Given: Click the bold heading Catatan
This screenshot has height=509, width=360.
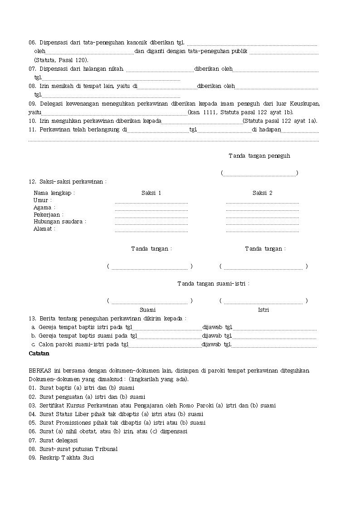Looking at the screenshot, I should click(x=39, y=353).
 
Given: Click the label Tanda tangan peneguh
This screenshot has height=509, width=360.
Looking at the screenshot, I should click(x=259, y=156).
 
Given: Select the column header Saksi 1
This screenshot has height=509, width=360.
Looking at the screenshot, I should click(x=151, y=193).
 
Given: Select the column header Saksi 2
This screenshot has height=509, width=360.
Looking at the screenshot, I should click(x=263, y=193).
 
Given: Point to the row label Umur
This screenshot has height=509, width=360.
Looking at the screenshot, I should click(x=43, y=200).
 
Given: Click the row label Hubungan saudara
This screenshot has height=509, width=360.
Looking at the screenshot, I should click(x=59, y=222).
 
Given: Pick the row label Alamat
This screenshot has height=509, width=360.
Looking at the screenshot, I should click(x=44, y=229).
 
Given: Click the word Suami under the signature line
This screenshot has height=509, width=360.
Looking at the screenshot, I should click(x=148, y=310).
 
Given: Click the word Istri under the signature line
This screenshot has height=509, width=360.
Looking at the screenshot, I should click(x=263, y=310).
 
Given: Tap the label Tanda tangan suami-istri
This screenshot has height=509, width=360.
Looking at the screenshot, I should click(x=213, y=284).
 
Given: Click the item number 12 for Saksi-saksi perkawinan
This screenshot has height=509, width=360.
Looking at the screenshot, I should click(x=32, y=182).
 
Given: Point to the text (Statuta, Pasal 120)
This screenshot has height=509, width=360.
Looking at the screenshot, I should click(x=61, y=60).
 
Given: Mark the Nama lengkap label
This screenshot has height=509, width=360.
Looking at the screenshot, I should click(x=54, y=193).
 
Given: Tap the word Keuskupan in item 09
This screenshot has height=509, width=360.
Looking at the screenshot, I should click(x=303, y=104).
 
